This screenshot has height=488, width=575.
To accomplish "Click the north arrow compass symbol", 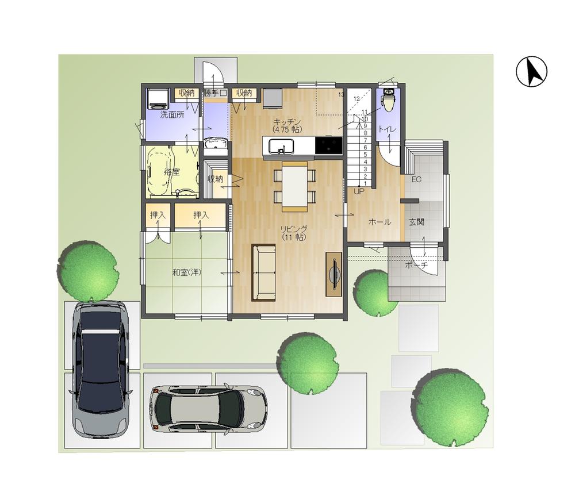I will tap(531, 72).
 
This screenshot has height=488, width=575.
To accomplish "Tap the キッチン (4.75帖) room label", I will tap(287, 125).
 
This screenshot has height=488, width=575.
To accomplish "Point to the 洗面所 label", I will tap(172, 114).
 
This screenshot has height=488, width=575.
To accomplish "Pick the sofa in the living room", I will tap(263, 272).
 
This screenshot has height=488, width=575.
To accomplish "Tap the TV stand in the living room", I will tap(333, 274).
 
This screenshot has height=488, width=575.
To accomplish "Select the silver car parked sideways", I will tap(208, 409).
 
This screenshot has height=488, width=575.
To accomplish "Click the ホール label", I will tap(379, 222).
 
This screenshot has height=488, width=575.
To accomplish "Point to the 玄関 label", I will tap(417, 222).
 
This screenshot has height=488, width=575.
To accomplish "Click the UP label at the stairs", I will tap(359, 191).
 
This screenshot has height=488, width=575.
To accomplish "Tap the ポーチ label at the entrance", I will tap(416, 266).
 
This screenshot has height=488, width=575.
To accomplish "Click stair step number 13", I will tap(341, 94).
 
